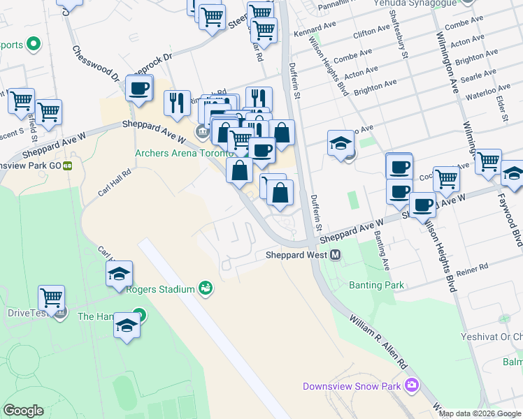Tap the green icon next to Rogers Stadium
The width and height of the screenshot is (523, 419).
pos(206,287)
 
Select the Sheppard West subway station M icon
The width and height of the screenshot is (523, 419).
pos(336,256)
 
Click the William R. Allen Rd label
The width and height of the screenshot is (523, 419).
pos(378,341)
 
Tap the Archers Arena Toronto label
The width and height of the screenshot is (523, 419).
pos(182,153)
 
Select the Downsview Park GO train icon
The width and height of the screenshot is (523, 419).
pos(68,166)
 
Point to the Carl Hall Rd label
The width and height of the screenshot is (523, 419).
pos(115,183)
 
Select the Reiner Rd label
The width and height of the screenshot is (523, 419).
pos(475,268)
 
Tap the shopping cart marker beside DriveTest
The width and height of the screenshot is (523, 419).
pos(51,298)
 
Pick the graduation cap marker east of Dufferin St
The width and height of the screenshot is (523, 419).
pos(341,144)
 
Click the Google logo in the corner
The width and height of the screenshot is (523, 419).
pos(23,411)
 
